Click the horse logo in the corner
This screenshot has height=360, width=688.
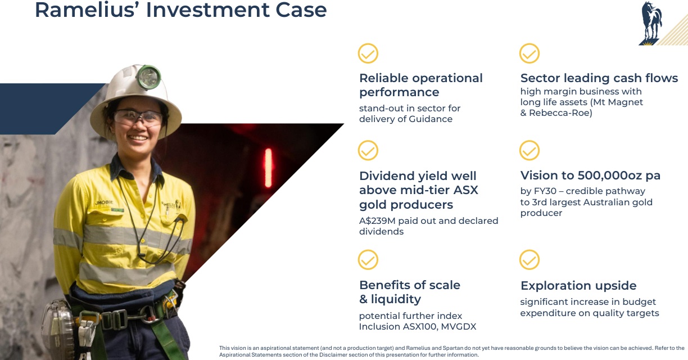point(651,24)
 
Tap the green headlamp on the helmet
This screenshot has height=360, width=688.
point(148,77)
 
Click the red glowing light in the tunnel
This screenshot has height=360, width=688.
point(268,168)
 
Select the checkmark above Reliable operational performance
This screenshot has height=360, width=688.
point(368,53)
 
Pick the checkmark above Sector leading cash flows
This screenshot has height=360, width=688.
point(529,53)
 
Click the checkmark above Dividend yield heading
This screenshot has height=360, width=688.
point(368,150)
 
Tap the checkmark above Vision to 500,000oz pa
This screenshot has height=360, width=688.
point(529,150)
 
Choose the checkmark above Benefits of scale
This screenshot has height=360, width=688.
point(368,260)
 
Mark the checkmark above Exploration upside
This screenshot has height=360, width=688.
point(529,260)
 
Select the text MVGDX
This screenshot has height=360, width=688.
point(459,326)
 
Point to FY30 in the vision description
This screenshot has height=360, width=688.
point(545,191)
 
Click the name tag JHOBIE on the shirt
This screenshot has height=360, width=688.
point(104,202)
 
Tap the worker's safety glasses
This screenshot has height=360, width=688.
point(138,117)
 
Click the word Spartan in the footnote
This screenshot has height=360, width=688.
point(452,348)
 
